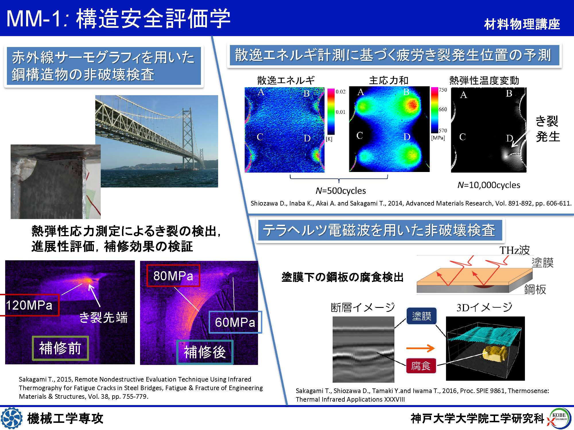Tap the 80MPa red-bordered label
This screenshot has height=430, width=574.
pos(173,276)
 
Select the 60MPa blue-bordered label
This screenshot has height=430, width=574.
pos(235,322)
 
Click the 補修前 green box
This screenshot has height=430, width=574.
pos(60,348)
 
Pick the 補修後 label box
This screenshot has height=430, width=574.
pos(205,352)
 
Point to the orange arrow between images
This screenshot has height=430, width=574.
pos(420,348)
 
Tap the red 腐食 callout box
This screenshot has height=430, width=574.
pos(421,366)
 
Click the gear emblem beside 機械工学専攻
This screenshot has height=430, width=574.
pos(11,418)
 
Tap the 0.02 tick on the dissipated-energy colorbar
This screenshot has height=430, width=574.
pos(341,92)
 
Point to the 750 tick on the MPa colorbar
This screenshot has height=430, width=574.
pos(443,90)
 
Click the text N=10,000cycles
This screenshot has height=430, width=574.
pos(489,185)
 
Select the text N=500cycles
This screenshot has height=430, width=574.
pos(341,191)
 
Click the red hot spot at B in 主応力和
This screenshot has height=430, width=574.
pos(412,104)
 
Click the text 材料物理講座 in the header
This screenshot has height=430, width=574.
pos(522,24)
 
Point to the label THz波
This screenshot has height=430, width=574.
pos(515,250)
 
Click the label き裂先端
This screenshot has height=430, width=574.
pos(103,318)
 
